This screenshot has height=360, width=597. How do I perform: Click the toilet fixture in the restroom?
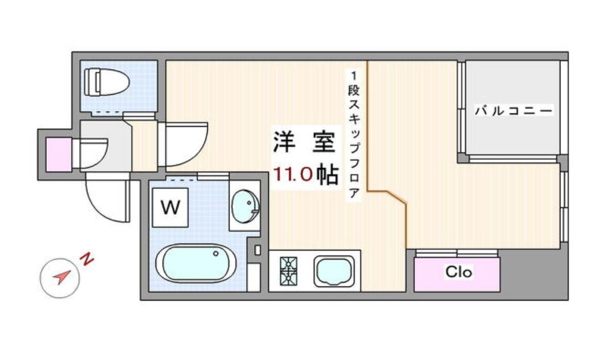[x=106, y=82]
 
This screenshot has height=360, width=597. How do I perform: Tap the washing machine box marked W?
[x=170, y=208]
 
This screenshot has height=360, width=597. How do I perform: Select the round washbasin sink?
[x=245, y=207]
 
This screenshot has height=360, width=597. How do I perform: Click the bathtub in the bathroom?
[x=196, y=264]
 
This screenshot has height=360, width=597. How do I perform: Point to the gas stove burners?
[x=288, y=271]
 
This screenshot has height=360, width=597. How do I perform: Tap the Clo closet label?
[x=459, y=272]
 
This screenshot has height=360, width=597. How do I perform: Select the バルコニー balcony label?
[x=514, y=111]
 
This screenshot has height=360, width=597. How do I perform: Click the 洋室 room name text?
[x=304, y=142]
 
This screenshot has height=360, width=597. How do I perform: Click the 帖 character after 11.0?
[x=328, y=174]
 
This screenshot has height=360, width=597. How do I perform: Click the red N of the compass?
[x=87, y=259]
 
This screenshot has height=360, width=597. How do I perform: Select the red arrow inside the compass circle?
[x=62, y=277]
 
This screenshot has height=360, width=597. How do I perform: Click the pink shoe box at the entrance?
[x=59, y=155]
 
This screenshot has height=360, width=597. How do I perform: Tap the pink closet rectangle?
[x=457, y=274]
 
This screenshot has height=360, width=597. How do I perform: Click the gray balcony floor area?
[x=513, y=108]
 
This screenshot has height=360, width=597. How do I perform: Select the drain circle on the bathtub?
[x=216, y=253]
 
